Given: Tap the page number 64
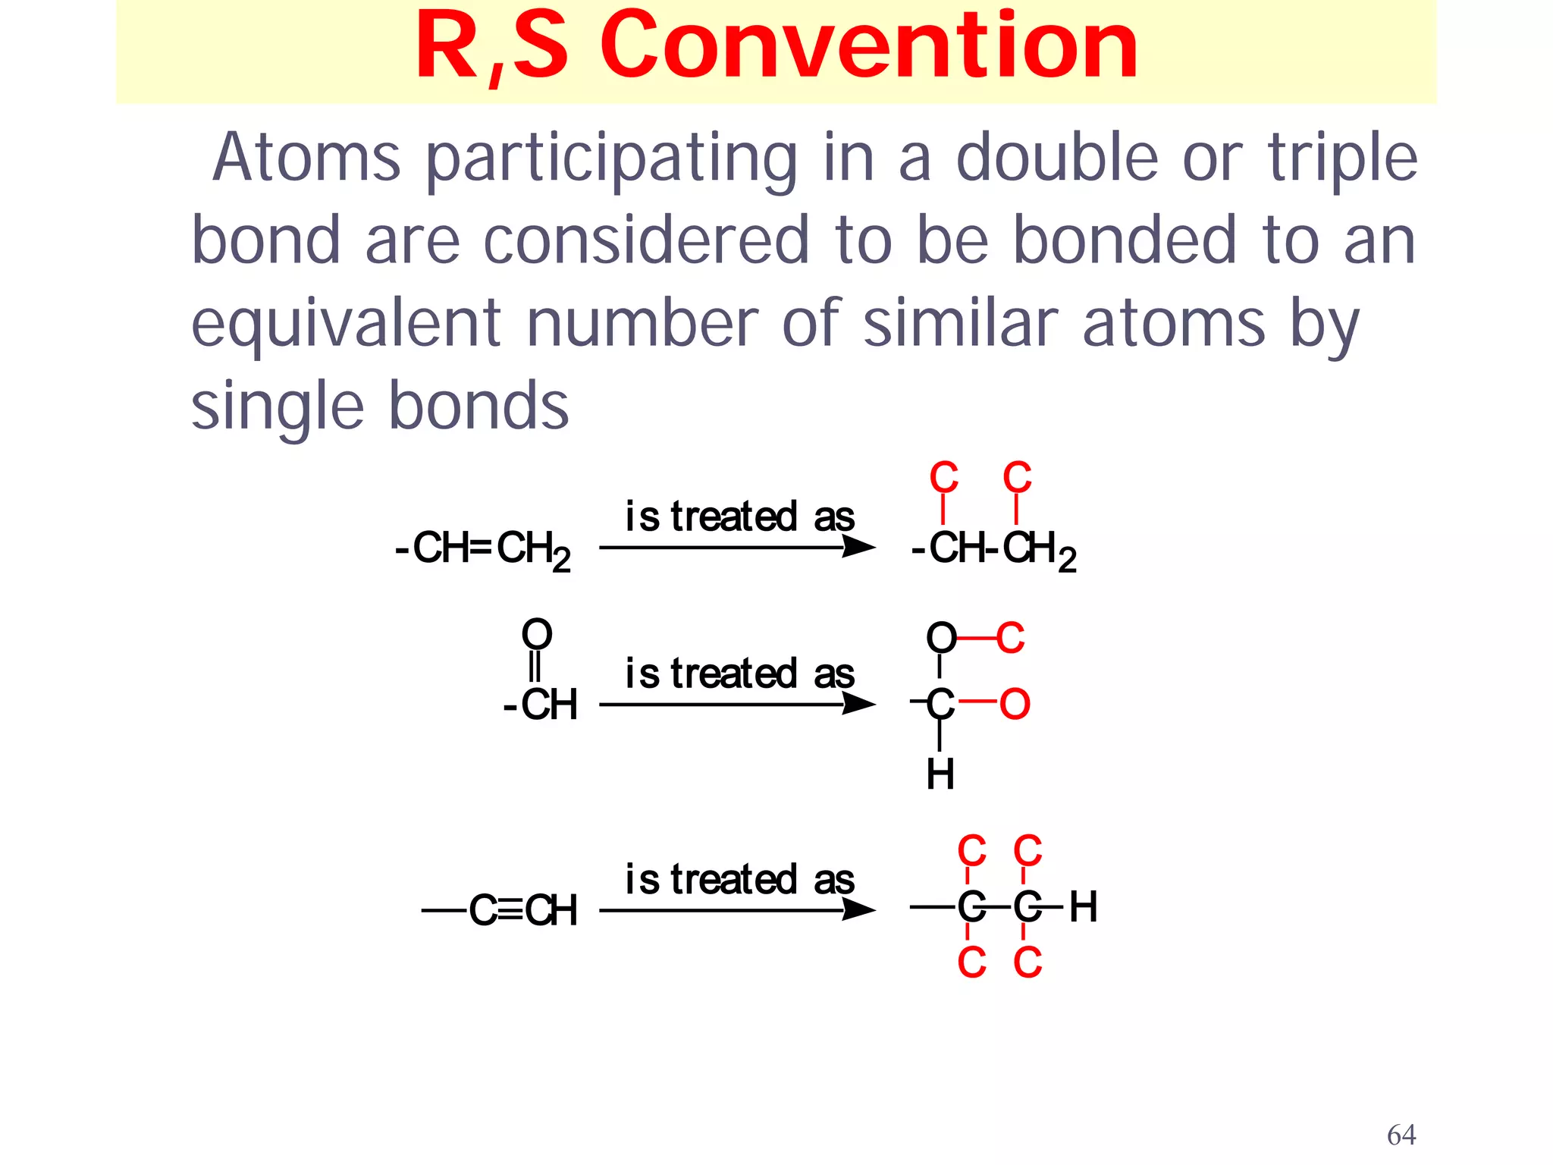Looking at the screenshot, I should [1401, 1135].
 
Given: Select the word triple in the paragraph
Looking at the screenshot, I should [1343, 159].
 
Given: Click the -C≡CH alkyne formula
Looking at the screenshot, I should [501, 910].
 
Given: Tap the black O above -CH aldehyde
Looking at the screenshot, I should [537, 634].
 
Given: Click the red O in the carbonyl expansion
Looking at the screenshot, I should [1015, 704].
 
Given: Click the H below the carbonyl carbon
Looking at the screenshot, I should [940, 774].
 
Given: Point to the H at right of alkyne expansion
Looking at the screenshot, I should [1083, 906].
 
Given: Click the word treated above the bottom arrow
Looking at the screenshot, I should [733, 880].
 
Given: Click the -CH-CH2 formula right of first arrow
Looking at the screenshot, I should [993, 548].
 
